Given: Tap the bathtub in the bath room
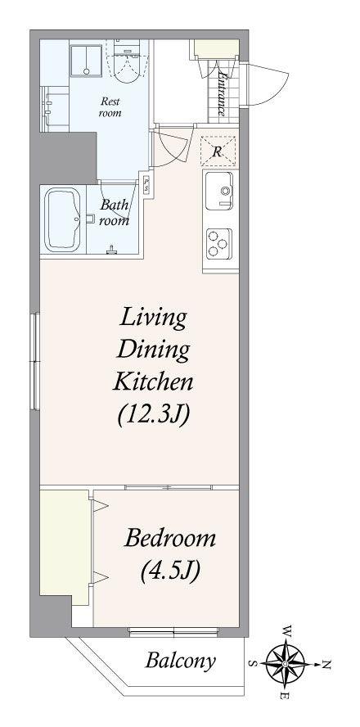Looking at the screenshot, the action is point(62,219).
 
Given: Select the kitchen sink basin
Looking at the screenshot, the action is point(219,191).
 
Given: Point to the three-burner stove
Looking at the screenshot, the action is point(218,244).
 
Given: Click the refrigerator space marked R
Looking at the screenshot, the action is point(218,151).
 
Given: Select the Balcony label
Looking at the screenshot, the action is point(180,661).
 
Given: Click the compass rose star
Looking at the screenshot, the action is point(286,664).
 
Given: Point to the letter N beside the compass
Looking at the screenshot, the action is point(326,665).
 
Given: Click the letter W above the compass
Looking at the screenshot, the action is point(287,631).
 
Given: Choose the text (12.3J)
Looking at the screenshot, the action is point(153,414).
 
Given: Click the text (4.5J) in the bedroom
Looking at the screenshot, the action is point(170,571).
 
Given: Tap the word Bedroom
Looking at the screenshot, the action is point(170,539).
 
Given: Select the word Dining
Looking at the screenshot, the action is point(153,350).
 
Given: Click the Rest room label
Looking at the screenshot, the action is point(110,106).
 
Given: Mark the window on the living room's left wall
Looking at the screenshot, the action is point(34,362).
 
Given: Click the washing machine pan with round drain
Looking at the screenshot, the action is point(86,61).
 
